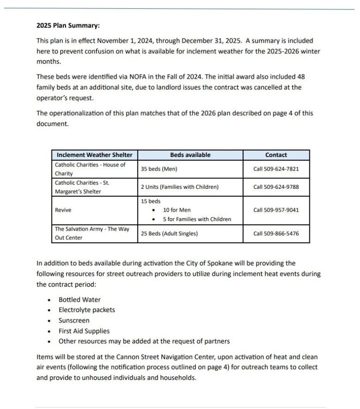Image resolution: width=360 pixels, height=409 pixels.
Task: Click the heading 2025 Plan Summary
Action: tap(68, 26)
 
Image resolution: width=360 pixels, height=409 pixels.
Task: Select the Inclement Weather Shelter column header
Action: tap(95, 155)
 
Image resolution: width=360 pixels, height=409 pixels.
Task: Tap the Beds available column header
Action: tap(190, 155)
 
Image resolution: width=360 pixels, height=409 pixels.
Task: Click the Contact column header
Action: tap(276, 155)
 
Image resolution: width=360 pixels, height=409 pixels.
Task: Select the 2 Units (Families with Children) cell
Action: tap(180, 187)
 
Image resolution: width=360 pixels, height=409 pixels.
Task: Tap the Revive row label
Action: tap(63, 210)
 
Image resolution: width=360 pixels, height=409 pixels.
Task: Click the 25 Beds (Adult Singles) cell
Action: tap(169, 233)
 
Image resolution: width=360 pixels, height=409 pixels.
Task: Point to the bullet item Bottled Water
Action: tap(79, 300)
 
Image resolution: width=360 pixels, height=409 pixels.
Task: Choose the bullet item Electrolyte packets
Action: tap(87, 310)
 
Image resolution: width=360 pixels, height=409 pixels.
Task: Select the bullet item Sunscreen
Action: tap(74, 320)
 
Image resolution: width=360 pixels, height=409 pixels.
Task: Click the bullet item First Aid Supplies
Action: tap(84, 331)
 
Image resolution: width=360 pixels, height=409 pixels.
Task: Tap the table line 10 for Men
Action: tap(177, 210)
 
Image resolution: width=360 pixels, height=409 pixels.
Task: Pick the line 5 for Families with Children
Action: tap(197, 219)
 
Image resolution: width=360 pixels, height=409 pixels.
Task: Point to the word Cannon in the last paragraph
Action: tap(136, 357)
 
